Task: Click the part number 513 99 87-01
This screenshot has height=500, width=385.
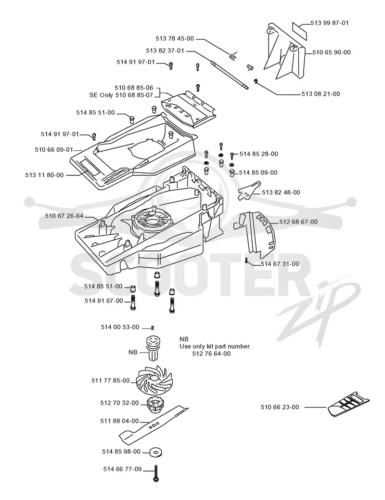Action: [330, 23]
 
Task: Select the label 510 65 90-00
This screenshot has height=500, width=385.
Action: [332, 53]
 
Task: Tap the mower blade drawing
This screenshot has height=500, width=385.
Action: [154, 425]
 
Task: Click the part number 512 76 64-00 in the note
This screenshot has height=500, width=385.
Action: [212, 354]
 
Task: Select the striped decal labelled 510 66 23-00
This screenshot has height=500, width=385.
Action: [348, 404]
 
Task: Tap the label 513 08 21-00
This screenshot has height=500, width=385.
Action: [321, 94]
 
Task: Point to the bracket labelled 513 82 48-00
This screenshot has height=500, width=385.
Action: [250, 191]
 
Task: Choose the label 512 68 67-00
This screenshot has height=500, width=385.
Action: [298, 222]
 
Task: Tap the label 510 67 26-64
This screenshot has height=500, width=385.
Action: [64, 216]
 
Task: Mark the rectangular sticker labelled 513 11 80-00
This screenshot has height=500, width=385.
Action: [90, 167]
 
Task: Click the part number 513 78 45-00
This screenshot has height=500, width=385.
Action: [175, 38]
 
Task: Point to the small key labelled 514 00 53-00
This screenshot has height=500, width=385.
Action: [153, 328]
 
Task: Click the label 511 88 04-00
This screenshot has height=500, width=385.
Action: [119, 421]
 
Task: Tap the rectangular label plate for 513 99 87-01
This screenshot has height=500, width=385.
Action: [300, 30]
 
